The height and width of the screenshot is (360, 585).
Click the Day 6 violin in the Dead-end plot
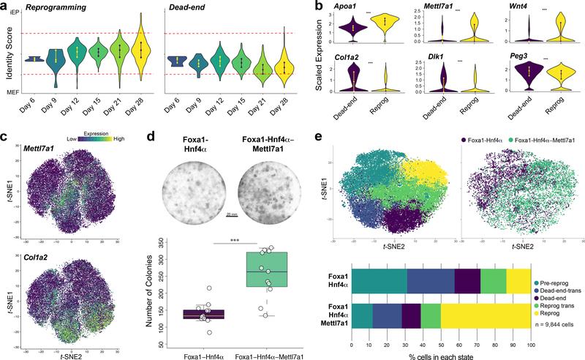pos(175,61)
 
